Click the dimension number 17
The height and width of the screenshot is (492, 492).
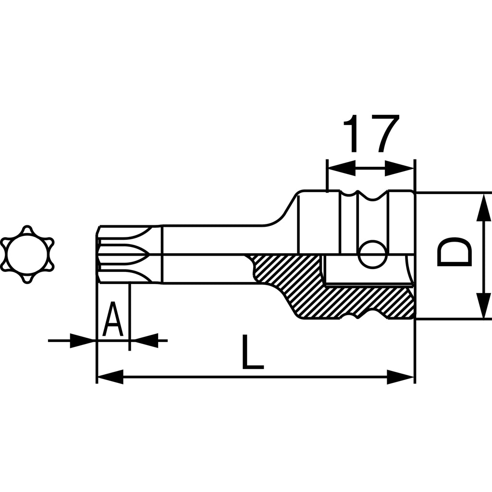pos(371,133)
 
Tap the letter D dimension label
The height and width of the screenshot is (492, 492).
pos(455,252)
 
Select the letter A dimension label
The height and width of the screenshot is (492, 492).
pos(113,319)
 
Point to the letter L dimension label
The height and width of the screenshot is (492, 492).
pos(253,351)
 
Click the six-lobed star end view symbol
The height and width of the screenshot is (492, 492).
pos(27,255)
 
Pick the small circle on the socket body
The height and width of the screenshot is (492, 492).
pos(372,255)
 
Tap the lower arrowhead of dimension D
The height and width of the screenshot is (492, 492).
pos(483,305)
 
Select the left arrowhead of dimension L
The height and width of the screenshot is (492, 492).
pos(111,377)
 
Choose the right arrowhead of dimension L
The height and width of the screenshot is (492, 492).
pos(400,377)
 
